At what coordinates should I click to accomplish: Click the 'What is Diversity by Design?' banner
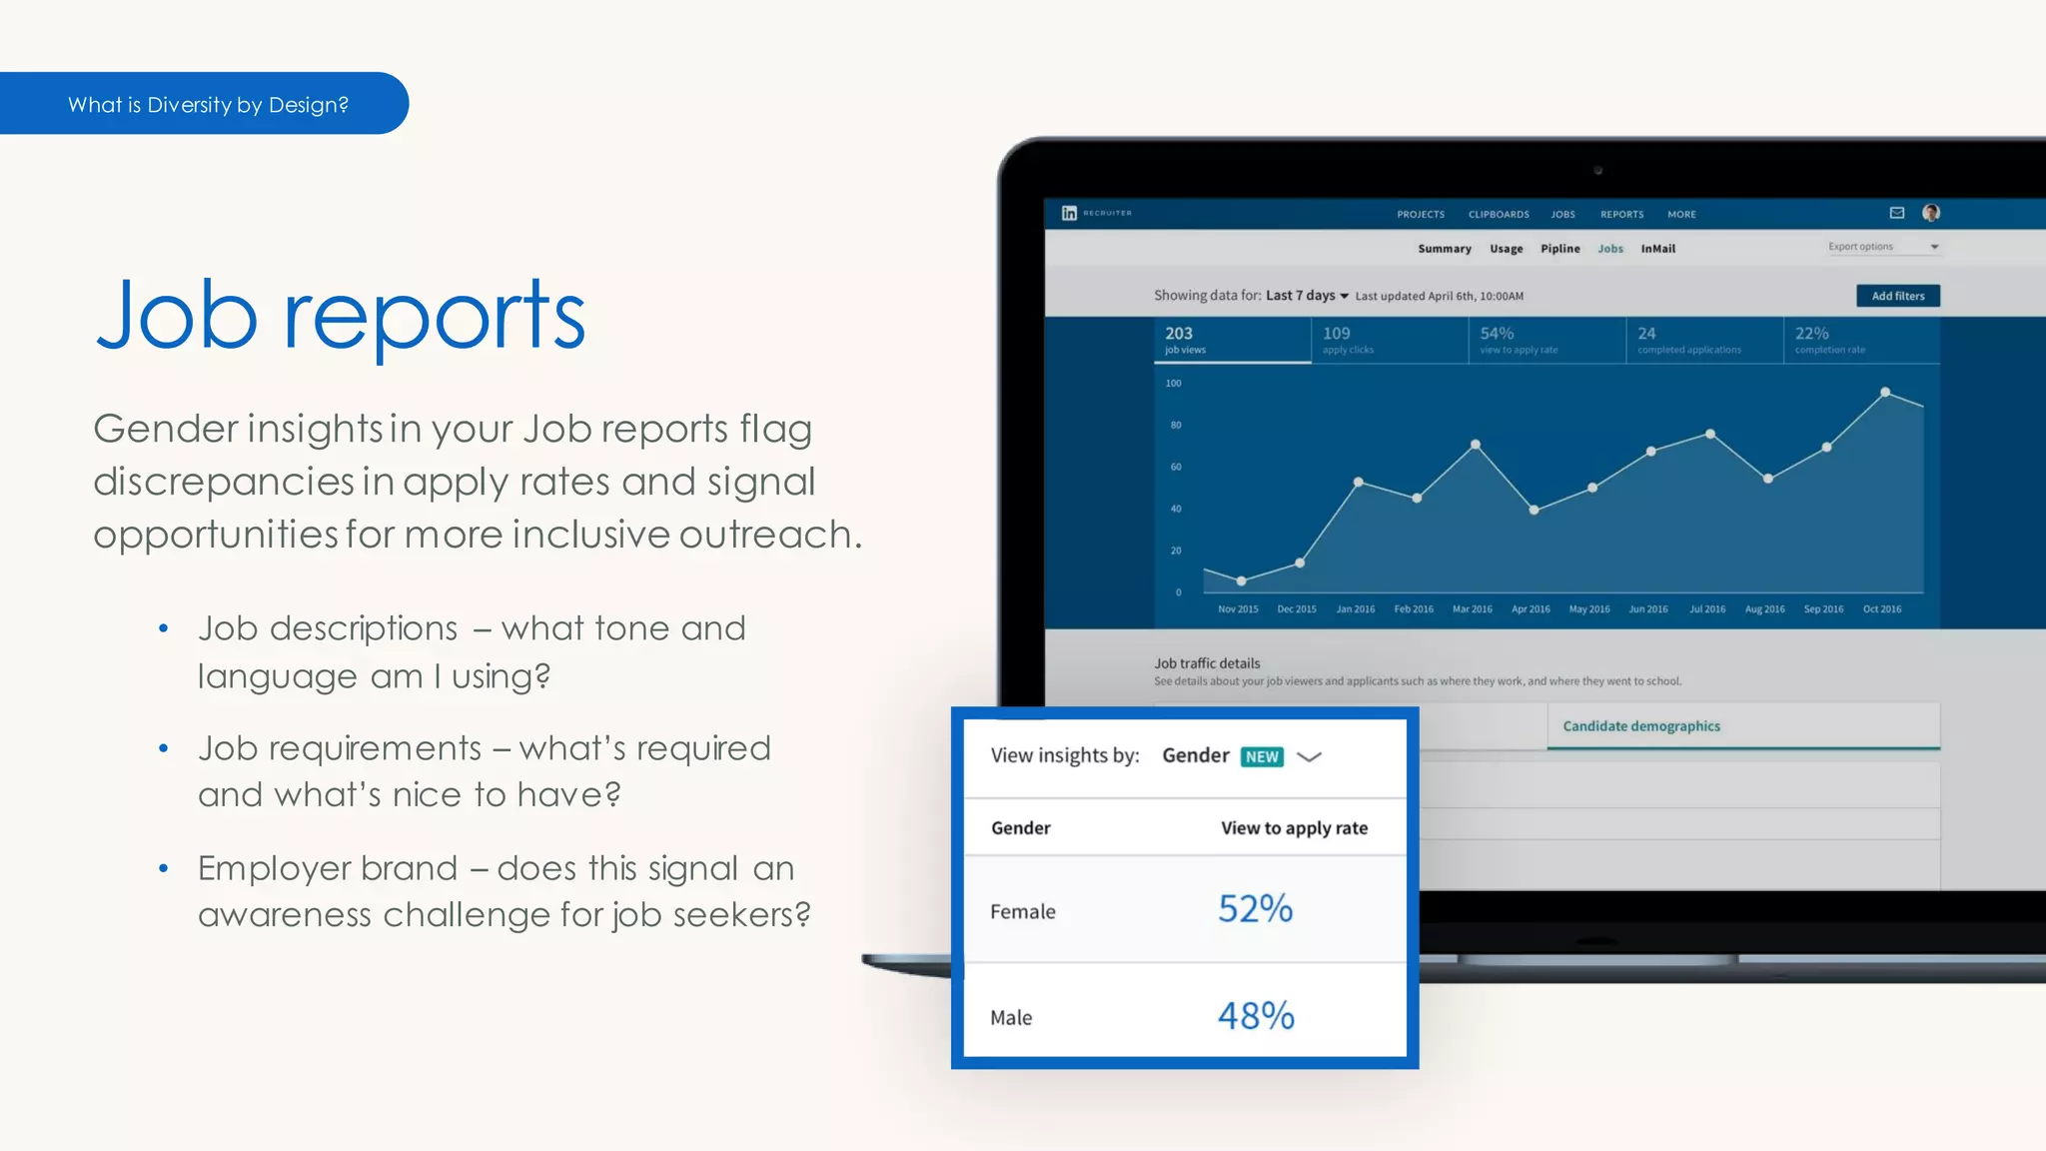pyautogui.click(x=208, y=105)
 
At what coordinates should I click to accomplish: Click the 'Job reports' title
pyautogui.click(x=340, y=316)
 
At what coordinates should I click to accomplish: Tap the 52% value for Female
pyautogui.click(x=1255, y=909)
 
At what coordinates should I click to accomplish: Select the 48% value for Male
pyautogui.click(x=1256, y=1016)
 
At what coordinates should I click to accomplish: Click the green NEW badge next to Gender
pyautogui.click(x=1262, y=757)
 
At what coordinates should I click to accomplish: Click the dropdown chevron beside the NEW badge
pyautogui.click(x=1309, y=757)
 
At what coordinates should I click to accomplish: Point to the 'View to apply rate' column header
pyautogui.click(x=1294, y=828)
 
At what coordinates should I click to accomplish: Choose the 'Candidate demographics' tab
pyautogui.click(x=1641, y=726)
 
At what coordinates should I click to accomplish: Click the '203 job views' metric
pyautogui.click(x=1185, y=340)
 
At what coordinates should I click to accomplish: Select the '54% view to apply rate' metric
pyautogui.click(x=1519, y=340)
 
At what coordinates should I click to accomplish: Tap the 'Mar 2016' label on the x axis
pyautogui.click(x=1472, y=609)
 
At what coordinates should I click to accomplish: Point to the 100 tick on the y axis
pyautogui.click(x=1173, y=384)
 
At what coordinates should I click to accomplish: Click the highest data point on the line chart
pyautogui.click(x=1885, y=393)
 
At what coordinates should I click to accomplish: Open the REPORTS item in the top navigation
pyautogui.click(x=1621, y=215)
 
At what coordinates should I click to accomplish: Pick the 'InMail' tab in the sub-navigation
pyautogui.click(x=1657, y=249)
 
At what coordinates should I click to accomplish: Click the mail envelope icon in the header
pyautogui.click(x=1897, y=213)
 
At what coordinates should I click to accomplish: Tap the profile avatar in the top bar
pyautogui.click(x=1931, y=213)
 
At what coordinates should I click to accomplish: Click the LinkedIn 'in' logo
pyautogui.click(x=1069, y=213)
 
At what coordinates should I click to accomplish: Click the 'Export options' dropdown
pyautogui.click(x=1883, y=247)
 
